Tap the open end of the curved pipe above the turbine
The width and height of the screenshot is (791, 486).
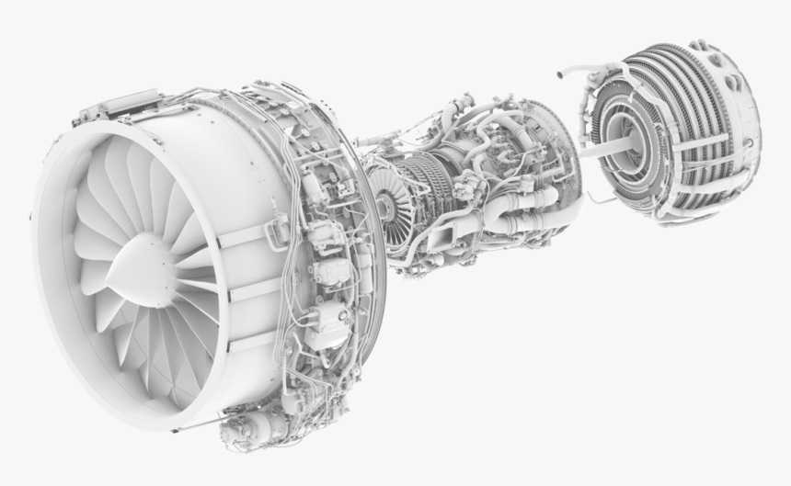558,70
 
